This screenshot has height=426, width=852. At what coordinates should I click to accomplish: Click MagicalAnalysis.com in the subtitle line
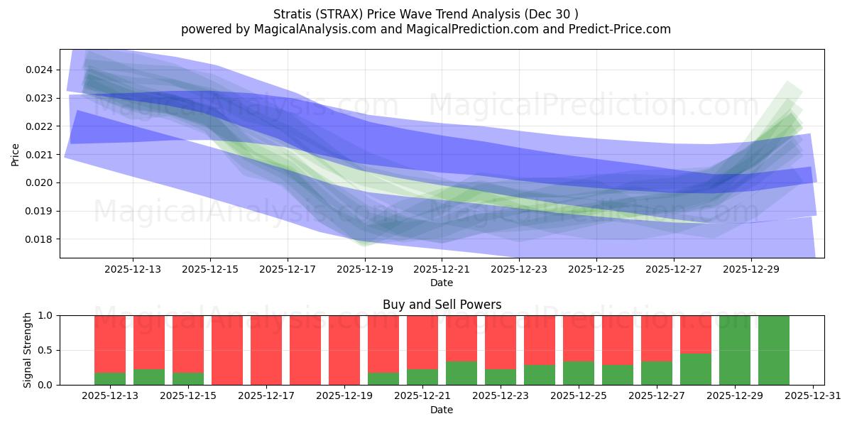309,29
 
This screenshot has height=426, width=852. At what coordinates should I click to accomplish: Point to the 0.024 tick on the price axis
40,70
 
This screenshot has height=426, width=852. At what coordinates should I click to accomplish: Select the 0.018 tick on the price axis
40,239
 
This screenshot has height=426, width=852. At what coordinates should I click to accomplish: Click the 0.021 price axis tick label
40,155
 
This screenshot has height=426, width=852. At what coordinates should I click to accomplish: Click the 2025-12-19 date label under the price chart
364,270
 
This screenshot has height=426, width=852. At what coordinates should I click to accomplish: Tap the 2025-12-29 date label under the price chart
751,270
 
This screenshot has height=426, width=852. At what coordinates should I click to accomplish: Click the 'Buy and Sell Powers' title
442,305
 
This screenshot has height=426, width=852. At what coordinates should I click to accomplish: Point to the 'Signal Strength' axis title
27,350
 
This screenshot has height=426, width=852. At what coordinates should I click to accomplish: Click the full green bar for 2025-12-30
774,350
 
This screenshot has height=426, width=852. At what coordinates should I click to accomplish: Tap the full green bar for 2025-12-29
735,350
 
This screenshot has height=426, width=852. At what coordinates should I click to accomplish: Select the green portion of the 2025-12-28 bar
696,369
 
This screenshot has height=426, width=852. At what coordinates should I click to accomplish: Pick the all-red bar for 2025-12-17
266,350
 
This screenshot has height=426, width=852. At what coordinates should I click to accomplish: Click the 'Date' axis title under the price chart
442,283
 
